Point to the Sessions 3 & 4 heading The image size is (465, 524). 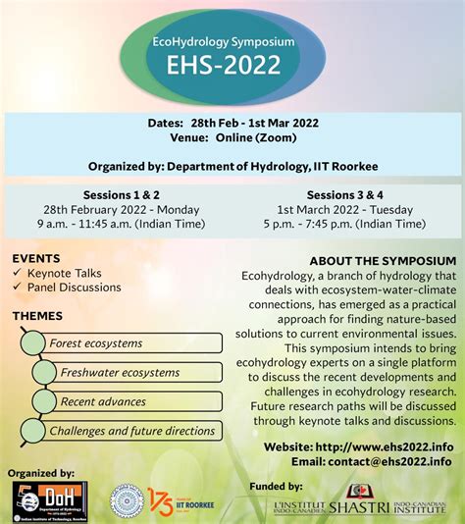350,195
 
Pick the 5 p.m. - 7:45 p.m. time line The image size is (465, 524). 350,224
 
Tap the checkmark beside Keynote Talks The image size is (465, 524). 18,273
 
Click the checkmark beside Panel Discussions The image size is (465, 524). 18,288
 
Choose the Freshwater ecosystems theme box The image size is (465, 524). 132,373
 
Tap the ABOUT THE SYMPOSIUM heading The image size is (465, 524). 383,261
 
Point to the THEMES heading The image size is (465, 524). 37,316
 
